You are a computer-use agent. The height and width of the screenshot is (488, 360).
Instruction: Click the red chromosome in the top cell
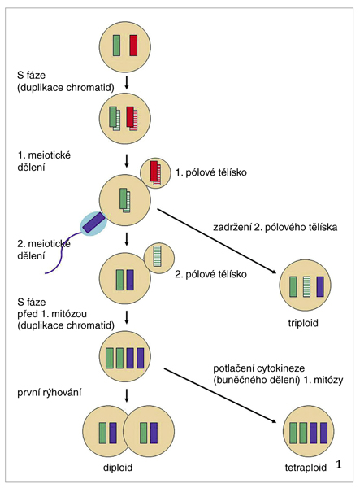133,46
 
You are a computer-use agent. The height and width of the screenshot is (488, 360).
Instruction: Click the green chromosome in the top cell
116,46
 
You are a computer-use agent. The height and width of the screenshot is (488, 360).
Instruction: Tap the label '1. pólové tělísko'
211,172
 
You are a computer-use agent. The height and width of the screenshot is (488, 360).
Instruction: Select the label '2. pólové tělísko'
211,274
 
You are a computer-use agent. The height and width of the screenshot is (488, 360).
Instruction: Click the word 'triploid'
303,323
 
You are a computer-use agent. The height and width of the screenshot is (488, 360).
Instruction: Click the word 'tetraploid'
306,468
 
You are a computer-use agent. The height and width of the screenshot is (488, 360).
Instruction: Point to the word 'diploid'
118,468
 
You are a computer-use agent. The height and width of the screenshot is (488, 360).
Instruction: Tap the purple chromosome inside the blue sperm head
93,223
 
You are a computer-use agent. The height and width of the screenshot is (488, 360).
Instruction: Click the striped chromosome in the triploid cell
307,286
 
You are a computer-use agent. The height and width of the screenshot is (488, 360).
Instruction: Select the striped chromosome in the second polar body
158,256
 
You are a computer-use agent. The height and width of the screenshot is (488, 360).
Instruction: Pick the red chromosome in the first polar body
154,171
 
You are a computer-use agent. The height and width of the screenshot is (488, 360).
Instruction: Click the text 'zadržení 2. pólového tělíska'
275,227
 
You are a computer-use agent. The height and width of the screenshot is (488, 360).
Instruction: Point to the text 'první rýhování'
49,393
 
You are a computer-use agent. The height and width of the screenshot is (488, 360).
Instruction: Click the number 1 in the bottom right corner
339,465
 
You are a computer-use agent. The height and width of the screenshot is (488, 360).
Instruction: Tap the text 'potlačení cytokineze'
259,368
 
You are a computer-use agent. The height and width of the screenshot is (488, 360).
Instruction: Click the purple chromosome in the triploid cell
320,286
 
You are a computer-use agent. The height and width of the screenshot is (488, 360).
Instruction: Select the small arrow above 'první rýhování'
126,395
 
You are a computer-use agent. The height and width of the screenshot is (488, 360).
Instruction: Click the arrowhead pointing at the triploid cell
274,272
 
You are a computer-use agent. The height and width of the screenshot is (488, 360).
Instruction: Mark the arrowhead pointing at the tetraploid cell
274,421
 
